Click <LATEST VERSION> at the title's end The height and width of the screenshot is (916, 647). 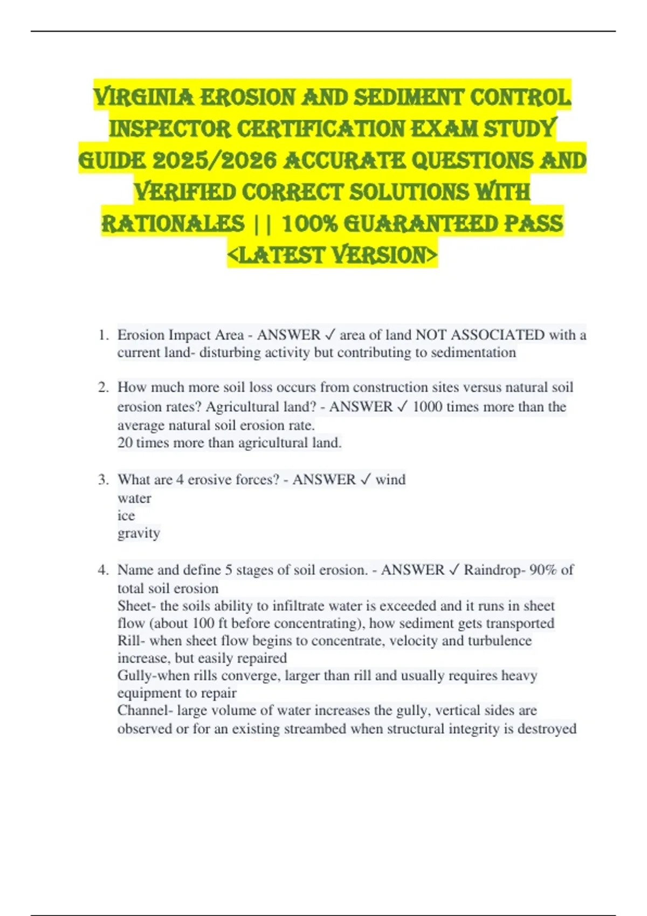coord(332,255)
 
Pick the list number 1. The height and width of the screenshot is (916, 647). coord(104,335)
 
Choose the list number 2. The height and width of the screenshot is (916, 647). coord(104,387)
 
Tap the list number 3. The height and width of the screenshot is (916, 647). coord(104,480)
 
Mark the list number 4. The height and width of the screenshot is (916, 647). coord(104,570)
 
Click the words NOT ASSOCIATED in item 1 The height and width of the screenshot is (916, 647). coord(480,335)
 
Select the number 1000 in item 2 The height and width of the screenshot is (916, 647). coord(427,407)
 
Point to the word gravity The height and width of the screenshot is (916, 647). coord(139,533)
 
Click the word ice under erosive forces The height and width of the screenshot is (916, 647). coord(126,516)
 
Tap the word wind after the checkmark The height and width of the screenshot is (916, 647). coord(390,480)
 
